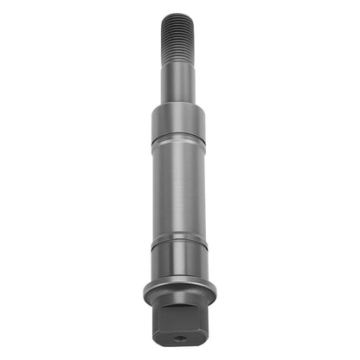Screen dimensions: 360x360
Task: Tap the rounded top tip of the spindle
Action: tap(177, 15)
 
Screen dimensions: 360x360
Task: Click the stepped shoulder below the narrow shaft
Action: tap(177, 106)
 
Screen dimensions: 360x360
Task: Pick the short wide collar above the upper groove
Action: tap(177, 119)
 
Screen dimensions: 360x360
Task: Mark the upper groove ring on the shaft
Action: tap(177, 137)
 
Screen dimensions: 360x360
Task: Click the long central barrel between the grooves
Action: tap(178, 186)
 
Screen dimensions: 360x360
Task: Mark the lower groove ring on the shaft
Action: tap(179, 239)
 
